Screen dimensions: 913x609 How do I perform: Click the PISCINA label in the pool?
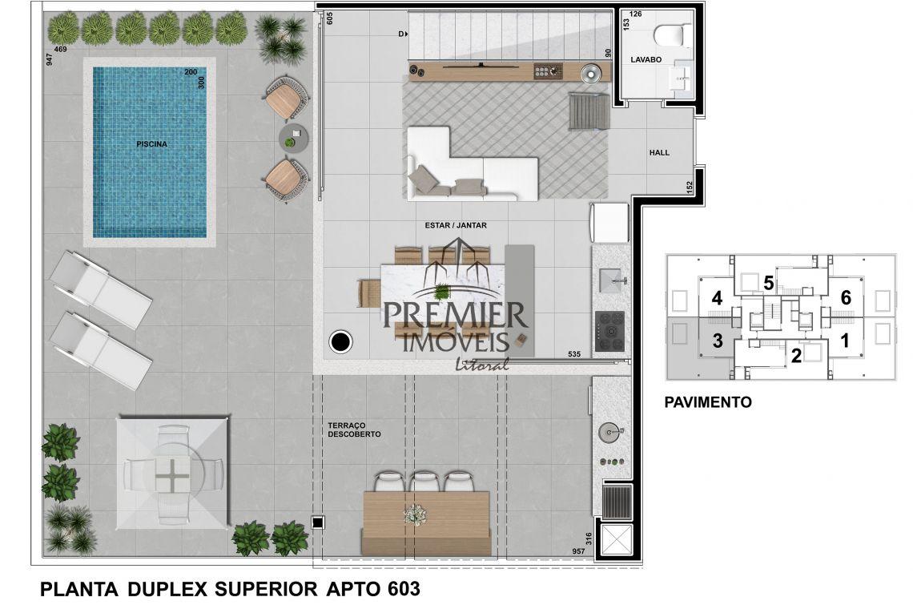coord(151,144)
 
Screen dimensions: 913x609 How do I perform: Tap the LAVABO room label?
coord(646,59)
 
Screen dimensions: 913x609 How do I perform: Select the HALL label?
coord(659,153)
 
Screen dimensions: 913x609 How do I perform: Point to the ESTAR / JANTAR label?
coord(456,225)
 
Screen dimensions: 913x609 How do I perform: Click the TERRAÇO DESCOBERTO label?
coord(354,430)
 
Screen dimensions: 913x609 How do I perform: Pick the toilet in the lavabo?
coord(673,34)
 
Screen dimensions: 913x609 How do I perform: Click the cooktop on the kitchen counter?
coord(609,331)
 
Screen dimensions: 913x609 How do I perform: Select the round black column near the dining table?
coord(340,341)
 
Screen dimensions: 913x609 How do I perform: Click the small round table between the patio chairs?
coord(293,138)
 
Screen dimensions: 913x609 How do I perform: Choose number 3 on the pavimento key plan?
coord(718,341)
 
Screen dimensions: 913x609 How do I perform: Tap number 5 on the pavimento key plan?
coord(768,284)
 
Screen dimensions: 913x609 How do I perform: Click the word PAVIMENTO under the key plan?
coord(707,402)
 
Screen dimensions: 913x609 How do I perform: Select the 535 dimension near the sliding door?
coord(574,353)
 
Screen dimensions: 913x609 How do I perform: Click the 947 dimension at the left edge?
coord(50,59)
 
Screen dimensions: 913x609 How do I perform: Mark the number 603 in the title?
coord(403,589)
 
